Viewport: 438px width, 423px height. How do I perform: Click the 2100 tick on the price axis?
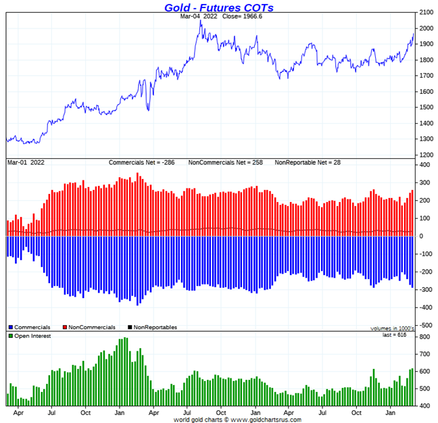point(427,12)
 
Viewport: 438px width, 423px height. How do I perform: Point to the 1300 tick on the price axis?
point(427,139)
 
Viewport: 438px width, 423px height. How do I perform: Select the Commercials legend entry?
point(30,327)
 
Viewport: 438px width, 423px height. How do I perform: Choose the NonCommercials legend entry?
point(89,327)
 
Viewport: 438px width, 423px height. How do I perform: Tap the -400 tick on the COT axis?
point(427,307)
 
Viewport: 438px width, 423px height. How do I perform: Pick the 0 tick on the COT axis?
point(422,236)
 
